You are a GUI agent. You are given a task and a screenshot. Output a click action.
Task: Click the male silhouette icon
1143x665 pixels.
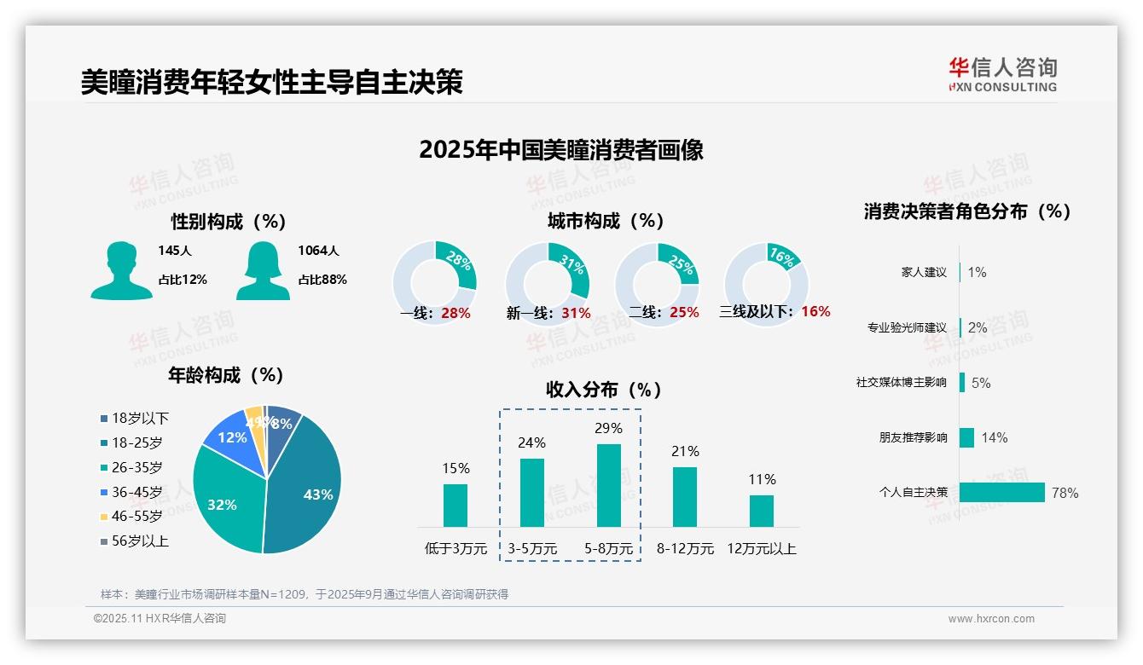121,270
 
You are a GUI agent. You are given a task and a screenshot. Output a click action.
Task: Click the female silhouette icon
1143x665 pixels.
263,270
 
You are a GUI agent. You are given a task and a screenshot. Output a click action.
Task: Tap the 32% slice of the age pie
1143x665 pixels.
223,503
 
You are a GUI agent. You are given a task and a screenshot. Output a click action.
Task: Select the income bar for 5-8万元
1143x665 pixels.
608,485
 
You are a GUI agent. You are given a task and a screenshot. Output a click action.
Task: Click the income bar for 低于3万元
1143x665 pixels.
455,506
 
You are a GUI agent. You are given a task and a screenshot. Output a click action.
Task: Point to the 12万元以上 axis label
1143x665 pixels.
761,549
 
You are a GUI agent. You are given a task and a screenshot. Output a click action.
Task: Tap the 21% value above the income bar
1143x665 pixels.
685,451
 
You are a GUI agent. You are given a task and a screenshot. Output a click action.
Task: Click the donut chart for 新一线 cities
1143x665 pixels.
547,268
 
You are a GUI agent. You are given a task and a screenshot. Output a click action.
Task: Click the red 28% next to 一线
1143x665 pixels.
455,313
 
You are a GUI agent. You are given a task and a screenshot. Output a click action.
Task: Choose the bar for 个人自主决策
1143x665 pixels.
1001,493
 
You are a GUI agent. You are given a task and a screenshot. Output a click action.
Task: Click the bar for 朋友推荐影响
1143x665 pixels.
966,437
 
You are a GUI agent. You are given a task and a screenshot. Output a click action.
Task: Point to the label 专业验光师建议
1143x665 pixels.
907,327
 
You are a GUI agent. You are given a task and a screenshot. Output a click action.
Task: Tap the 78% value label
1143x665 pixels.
1065,493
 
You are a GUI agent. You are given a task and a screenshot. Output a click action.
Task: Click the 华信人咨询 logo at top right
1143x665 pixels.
1002,74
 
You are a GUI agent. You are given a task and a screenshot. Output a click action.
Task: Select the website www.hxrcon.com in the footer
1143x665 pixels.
990,619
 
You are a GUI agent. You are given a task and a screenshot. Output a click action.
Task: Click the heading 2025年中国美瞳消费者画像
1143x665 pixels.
560,150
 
